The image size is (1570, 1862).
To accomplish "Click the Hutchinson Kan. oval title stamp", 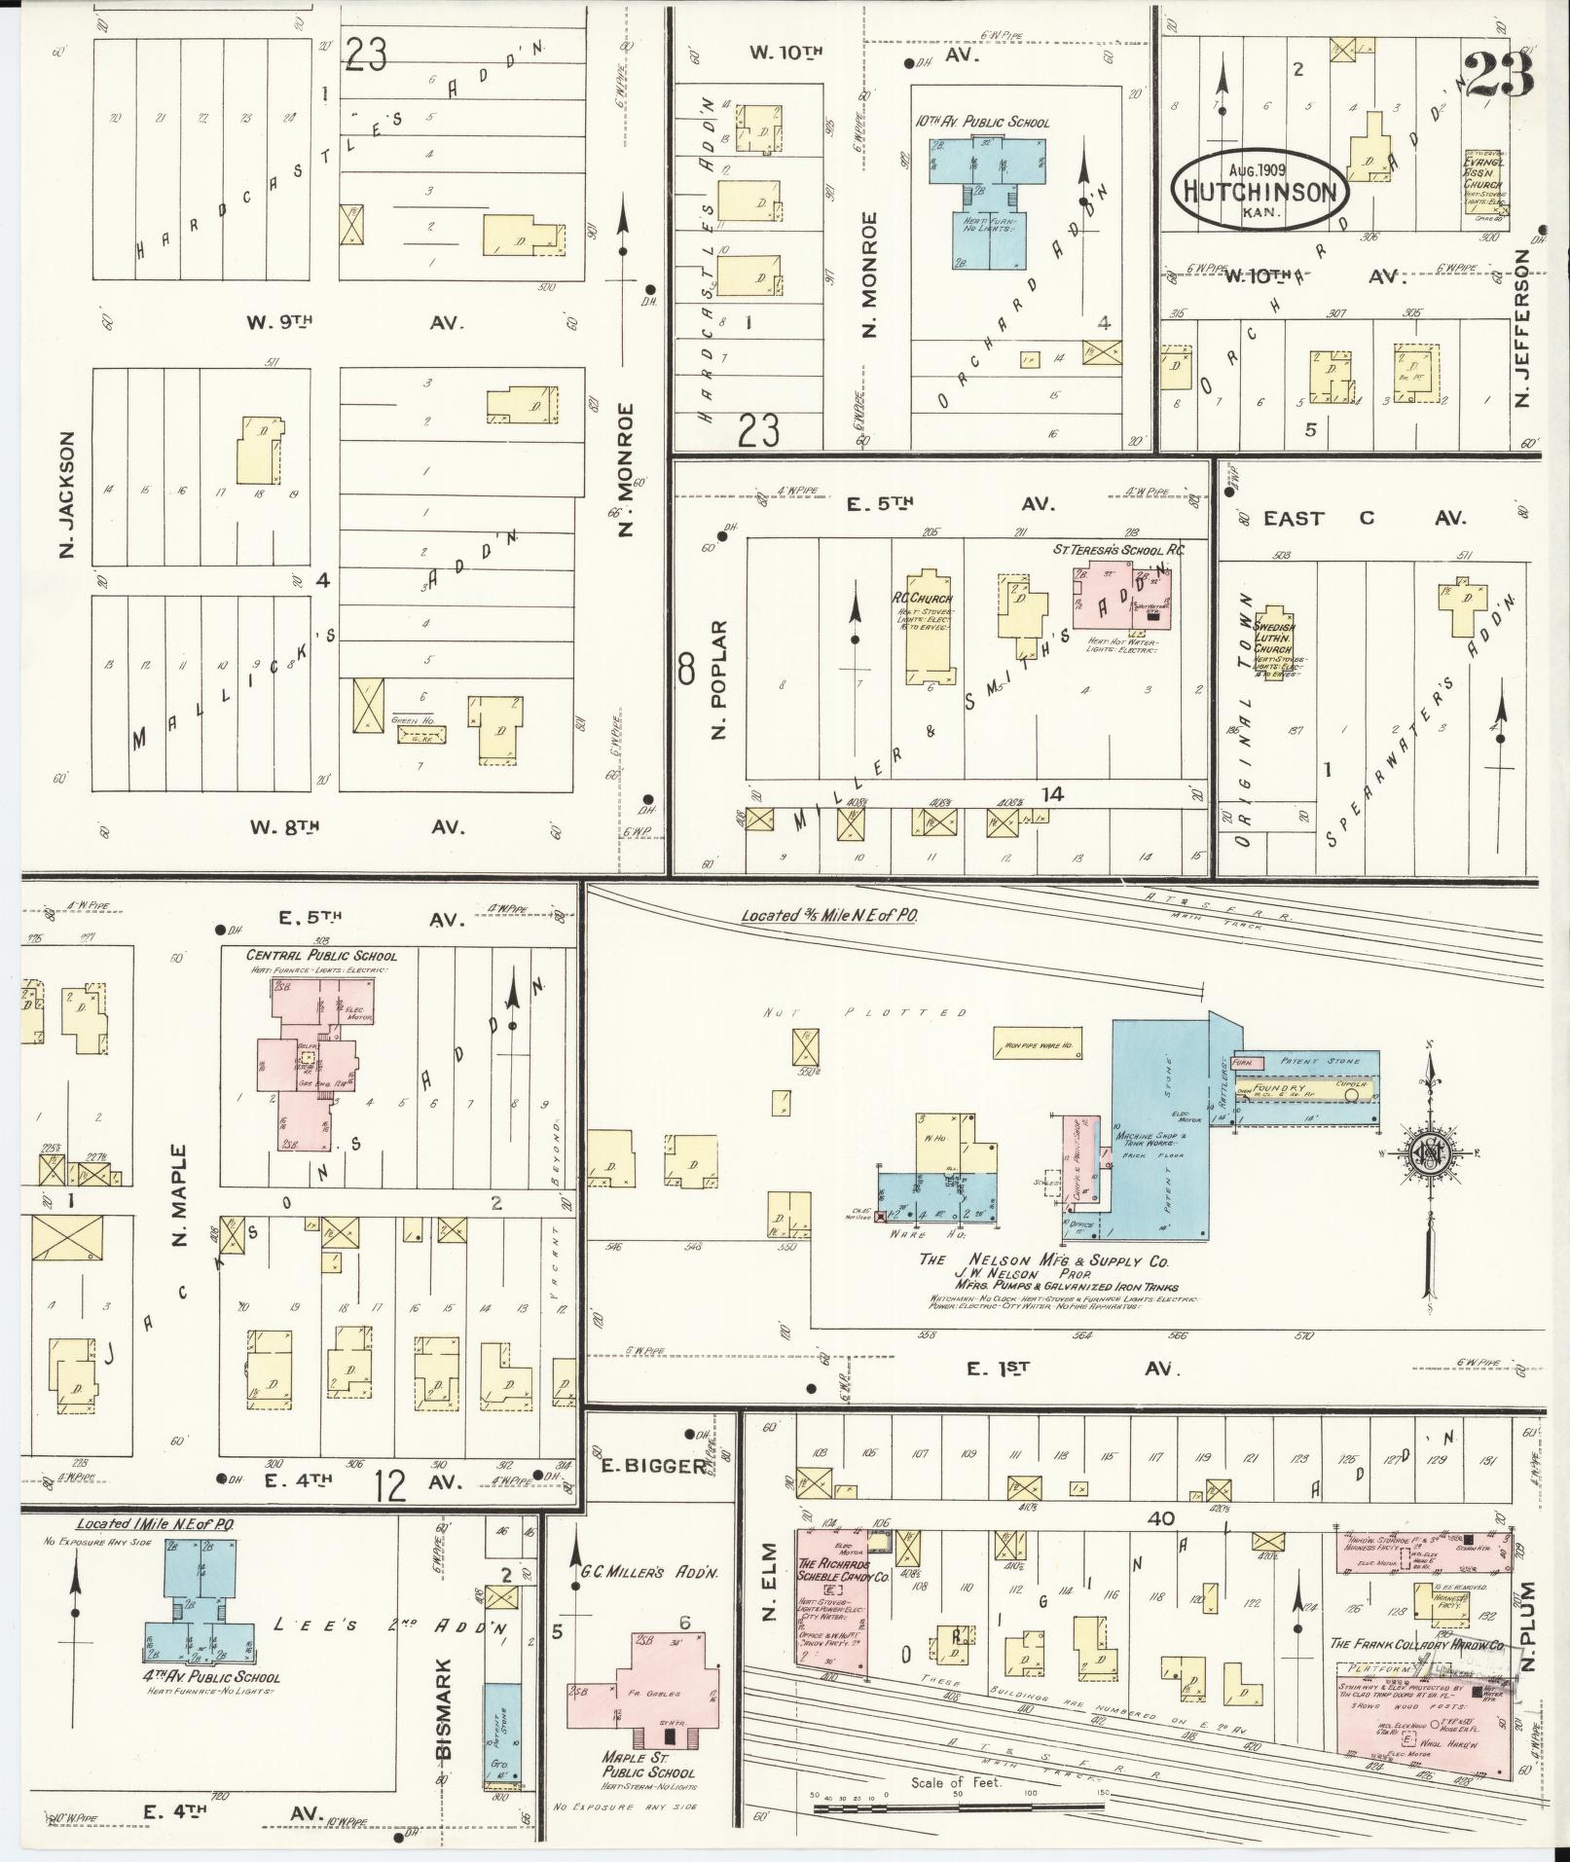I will click(x=1260, y=189).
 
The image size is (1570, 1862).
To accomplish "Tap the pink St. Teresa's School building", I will click(x=1121, y=596).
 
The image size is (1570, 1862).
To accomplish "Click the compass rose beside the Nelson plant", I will click(x=1428, y=1151).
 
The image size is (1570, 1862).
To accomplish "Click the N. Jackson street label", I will click(x=67, y=496).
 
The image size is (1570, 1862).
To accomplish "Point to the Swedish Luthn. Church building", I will click(x=1274, y=643).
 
